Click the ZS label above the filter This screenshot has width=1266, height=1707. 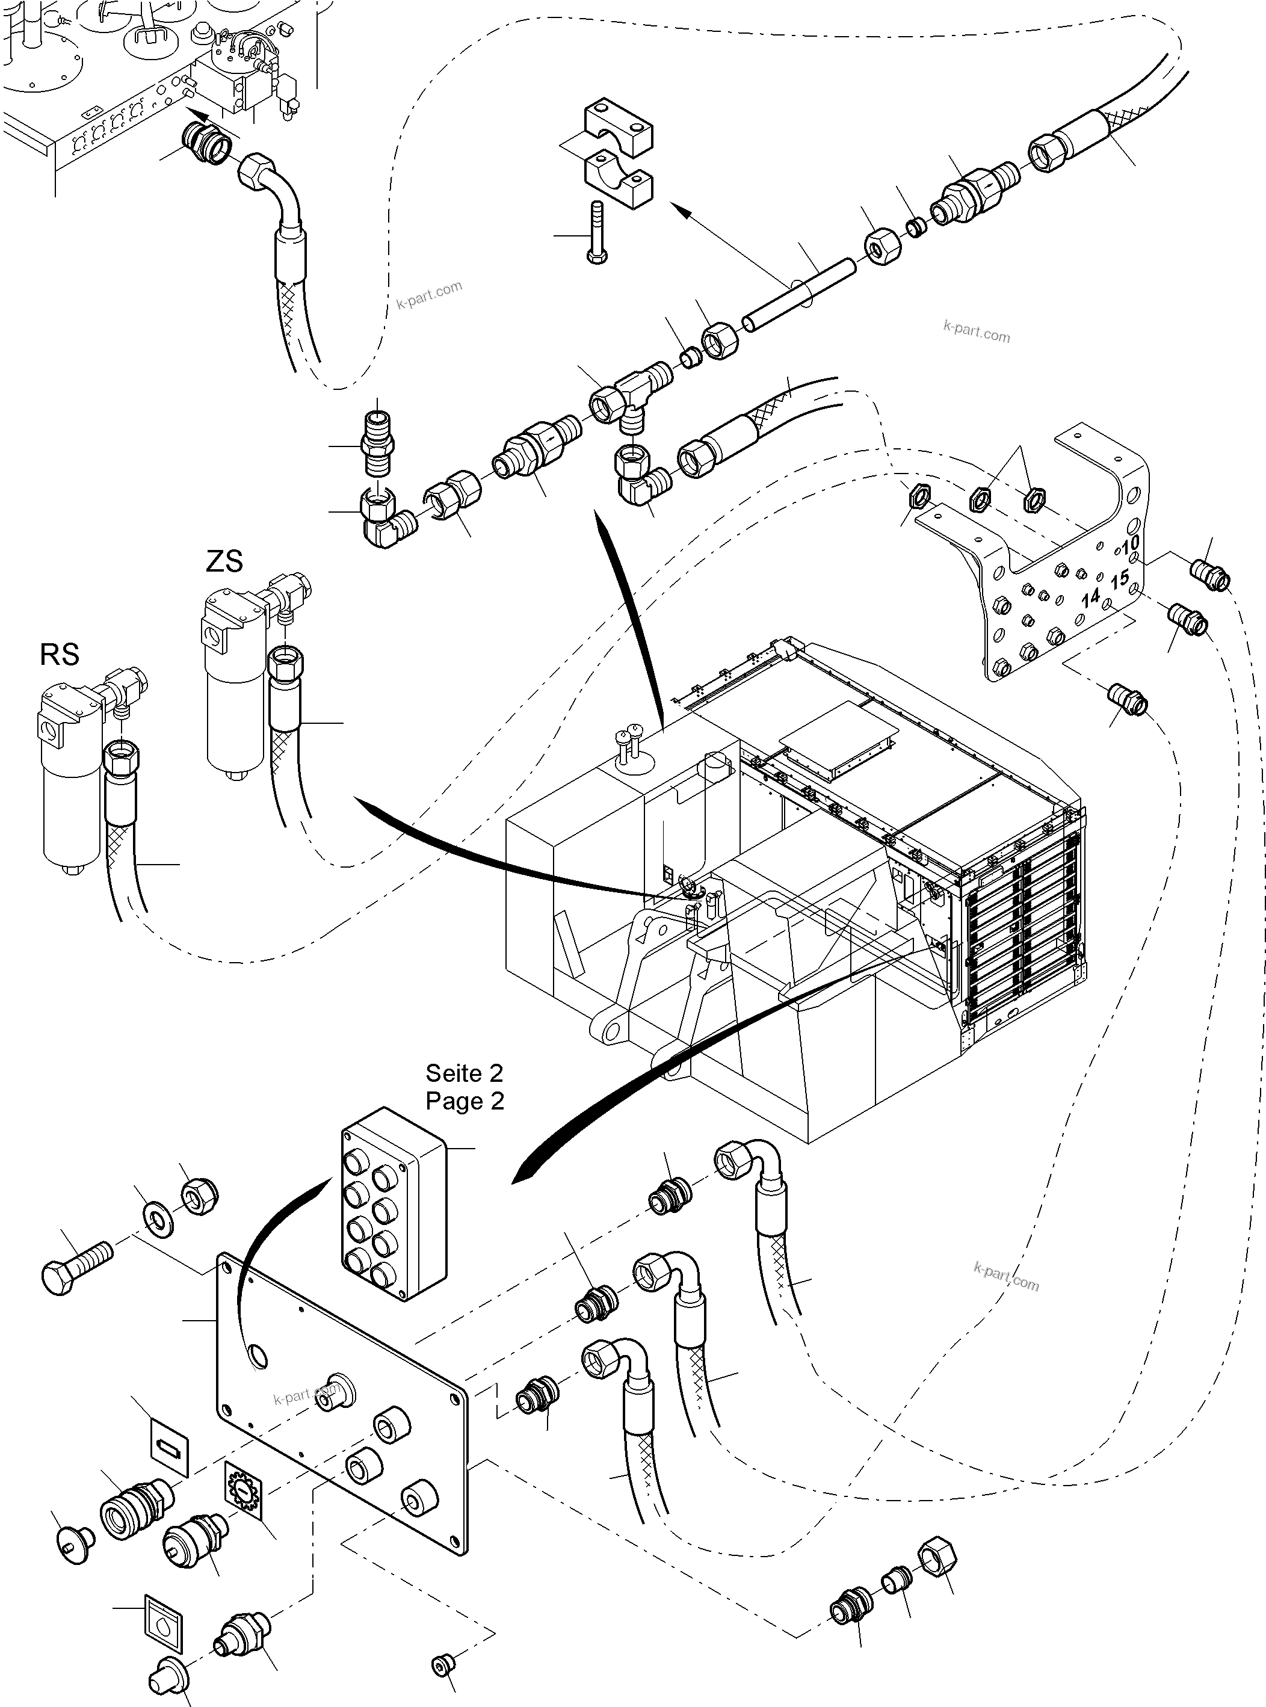coord(224,561)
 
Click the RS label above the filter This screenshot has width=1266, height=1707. coord(59,655)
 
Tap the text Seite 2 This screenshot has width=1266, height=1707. coord(465,1073)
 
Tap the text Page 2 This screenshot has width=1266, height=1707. coord(465,1101)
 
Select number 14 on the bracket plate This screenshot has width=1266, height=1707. coord(1090,597)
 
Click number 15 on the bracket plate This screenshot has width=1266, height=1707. coord(1120,578)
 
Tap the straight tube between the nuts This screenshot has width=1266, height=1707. coord(801,294)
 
